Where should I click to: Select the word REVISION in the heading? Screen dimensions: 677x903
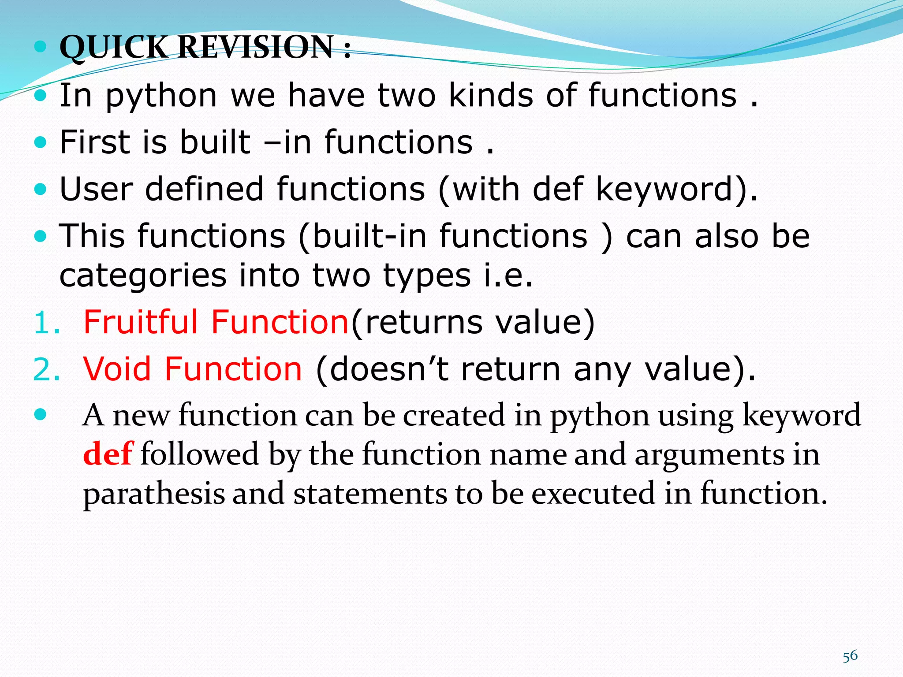(x=256, y=47)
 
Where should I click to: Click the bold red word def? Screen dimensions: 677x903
(x=107, y=454)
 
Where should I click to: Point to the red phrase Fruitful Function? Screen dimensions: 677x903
(x=216, y=322)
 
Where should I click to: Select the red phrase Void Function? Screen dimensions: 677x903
(x=193, y=368)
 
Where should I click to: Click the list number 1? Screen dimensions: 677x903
(x=46, y=323)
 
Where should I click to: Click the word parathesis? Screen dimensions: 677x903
(x=154, y=494)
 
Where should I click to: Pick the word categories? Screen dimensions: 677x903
(x=142, y=276)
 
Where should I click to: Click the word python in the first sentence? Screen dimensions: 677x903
(x=161, y=96)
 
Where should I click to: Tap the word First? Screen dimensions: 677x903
(x=95, y=142)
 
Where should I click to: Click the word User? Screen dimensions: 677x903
(x=96, y=189)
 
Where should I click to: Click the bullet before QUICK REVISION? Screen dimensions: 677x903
(x=40, y=47)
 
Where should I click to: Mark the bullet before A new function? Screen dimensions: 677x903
(x=40, y=414)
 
